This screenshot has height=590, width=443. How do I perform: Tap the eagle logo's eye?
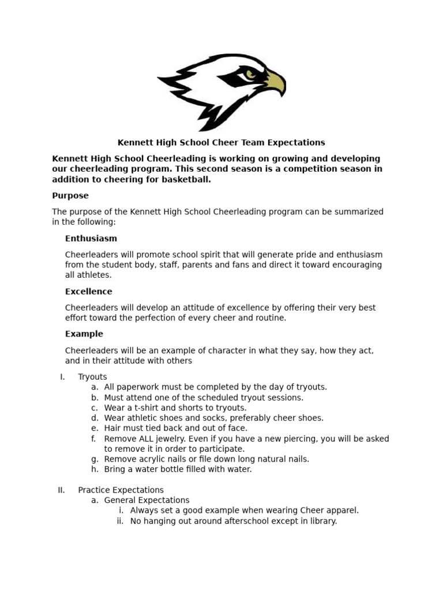pyautogui.click(x=249, y=73)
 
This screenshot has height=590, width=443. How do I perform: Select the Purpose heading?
pyautogui.click(x=70, y=196)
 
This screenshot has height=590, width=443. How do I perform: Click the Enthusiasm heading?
pyautogui.click(x=91, y=239)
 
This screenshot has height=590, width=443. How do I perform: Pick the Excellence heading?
pyautogui.click(x=88, y=292)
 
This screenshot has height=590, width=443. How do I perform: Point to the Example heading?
pyautogui.click(x=84, y=334)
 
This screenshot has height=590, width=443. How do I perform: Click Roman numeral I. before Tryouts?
pyautogui.click(x=62, y=377)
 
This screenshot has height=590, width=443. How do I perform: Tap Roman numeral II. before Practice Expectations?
pyautogui.click(x=61, y=490)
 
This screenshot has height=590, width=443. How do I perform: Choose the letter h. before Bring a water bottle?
pyautogui.click(x=95, y=470)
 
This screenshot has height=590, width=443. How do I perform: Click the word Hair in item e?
pyautogui.click(x=113, y=428)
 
